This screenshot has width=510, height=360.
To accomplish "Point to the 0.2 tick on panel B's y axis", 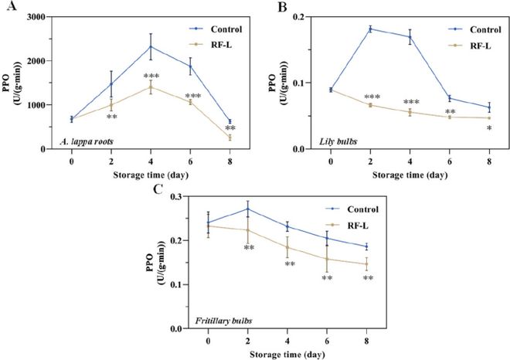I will click(x=304, y=17).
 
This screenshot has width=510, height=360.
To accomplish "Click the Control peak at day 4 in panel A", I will click(x=151, y=46).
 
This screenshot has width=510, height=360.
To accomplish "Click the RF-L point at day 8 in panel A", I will click(x=229, y=138).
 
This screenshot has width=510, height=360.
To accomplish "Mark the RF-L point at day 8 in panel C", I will click(x=365, y=264).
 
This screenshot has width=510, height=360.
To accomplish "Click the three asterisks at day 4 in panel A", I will click(x=151, y=76).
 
